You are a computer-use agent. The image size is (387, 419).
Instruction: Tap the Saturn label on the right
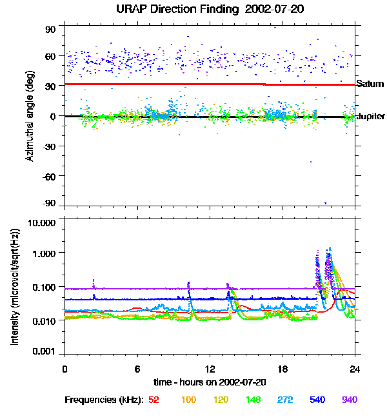[x=370, y=84]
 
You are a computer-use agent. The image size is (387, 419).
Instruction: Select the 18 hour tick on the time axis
[x=283, y=369]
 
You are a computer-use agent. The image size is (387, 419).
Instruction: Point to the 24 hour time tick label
[x=355, y=369]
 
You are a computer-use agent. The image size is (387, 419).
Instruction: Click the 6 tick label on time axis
[x=137, y=369]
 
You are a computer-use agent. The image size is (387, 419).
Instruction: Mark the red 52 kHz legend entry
[x=154, y=400]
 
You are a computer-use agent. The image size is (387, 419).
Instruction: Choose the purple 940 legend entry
[x=349, y=400]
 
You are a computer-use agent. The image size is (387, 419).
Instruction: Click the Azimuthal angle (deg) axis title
[x=30, y=116]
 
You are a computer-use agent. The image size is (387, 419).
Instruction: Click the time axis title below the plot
[x=210, y=383]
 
